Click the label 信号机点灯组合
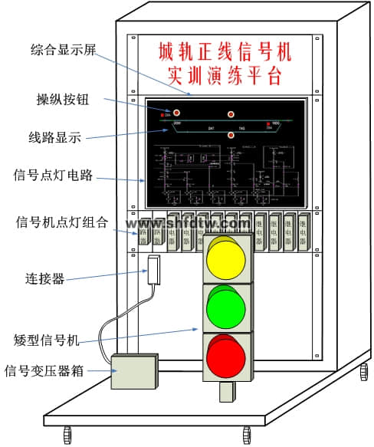coord(62,222)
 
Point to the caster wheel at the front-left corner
coord(67,433)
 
